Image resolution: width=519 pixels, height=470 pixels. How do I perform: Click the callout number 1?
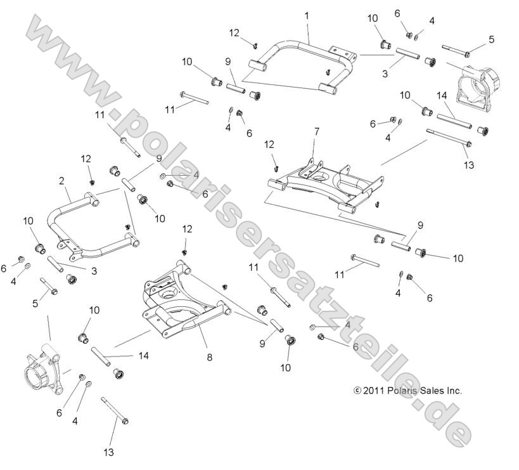click(307, 14)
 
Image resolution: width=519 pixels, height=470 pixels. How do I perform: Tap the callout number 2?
click(61, 181)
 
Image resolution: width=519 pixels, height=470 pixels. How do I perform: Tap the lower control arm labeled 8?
click(184, 304)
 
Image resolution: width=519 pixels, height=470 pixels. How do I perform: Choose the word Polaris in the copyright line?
click(403, 391)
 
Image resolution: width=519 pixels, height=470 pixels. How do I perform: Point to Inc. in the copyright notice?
click(455, 391)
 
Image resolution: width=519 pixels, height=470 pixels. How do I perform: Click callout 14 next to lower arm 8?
click(143, 356)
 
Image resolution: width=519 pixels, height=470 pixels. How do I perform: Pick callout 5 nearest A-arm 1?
click(490, 39)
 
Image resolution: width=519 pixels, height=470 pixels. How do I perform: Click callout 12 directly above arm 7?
click(269, 145)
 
